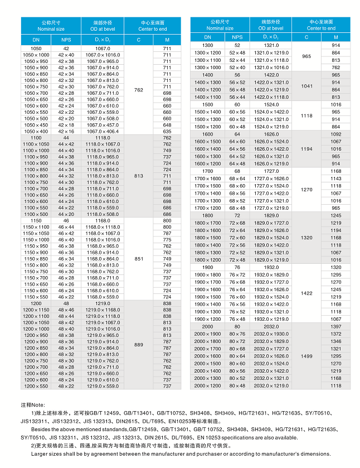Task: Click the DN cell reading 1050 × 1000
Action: [x=36, y=55]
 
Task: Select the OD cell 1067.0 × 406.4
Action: [x=103, y=132]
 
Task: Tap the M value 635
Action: [x=167, y=132]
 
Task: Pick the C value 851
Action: [x=139, y=259]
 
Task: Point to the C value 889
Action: [x=139, y=345]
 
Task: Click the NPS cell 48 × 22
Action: [x=66, y=386]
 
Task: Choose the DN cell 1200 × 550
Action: [x=36, y=386]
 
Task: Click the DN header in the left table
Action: [x=36, y=40]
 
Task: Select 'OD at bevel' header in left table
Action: [x=103, y=28]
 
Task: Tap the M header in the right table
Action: [x=336, y=37]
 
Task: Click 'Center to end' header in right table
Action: [x=320, y=28]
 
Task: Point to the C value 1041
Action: [x=307, y=86]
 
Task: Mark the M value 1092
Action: [x=336, y=134]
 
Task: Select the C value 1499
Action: [x=307, y=356]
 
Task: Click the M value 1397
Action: [x=336, y=326]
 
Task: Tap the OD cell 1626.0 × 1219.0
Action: [x=271, y=164]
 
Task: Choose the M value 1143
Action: [x=336, y=178]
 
